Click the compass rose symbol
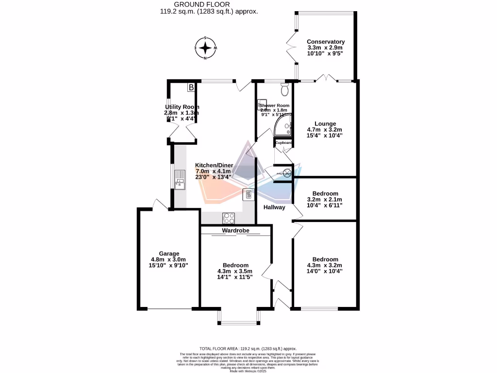[x=206, y=48]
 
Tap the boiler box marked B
[x=191, y=87]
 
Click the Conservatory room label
[x=326, y=42]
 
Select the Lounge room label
[x=325, y=124]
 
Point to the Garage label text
[x=169, y=254]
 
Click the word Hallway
[x=274, y=207]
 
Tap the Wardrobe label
[x=236, y=231]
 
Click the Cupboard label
[x=283, y=143]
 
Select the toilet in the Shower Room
[x=285, y=89]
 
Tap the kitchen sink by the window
[x=180, y=178]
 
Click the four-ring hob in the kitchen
[x=229, y=217]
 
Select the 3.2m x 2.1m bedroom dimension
[x=325, y=199]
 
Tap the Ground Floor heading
[x=209, y=4]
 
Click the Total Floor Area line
[x=248, y=349]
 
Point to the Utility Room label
[x=182, y=107]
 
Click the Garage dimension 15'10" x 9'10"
[x=169, y=265]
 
